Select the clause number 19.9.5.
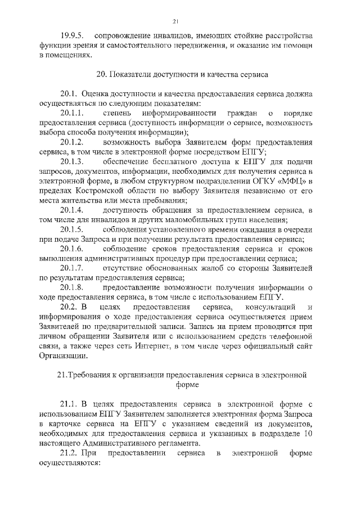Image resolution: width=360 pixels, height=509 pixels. (x=72, y=36)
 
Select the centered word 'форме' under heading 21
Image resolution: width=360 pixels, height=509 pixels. (x=180, y=385)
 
